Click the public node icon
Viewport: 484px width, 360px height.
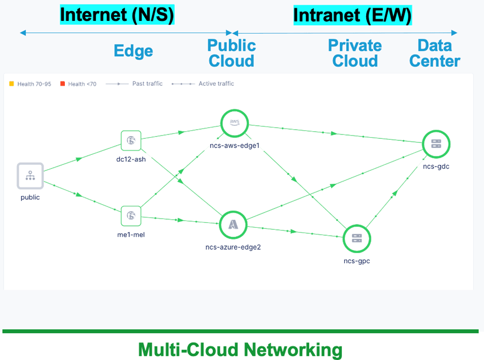30,175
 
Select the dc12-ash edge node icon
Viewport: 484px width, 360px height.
131,140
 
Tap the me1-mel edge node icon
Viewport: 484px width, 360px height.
131,215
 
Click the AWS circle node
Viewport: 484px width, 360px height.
234,123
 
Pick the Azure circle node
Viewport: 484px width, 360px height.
233,224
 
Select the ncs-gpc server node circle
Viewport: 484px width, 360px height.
357,238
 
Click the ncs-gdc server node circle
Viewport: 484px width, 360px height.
436,144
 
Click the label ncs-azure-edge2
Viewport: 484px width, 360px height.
233,247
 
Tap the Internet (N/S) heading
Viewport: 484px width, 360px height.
117,15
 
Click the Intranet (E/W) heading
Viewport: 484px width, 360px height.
352,16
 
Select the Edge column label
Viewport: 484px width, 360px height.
133,51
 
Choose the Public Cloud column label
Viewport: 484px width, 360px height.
232,53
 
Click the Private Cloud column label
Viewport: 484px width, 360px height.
355,53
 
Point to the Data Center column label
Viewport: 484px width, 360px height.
435,53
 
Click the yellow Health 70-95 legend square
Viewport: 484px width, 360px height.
11,84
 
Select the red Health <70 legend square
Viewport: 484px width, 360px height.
63,84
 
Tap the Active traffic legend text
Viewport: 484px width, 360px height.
216,84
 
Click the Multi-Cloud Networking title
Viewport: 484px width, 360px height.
240,349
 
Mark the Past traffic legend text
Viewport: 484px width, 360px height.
147,84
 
